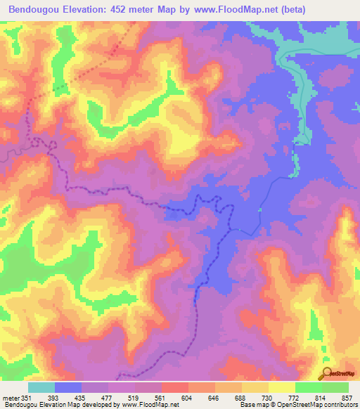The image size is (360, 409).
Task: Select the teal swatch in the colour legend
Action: (41, 387)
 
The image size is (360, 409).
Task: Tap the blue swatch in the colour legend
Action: (68, 387)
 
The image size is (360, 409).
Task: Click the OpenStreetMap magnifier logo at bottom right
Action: (327, 372)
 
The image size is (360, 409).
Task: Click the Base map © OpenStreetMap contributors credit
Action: (297, 405)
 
